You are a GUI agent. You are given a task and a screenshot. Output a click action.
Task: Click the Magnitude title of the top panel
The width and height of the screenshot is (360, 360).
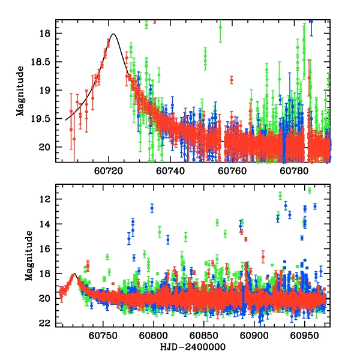click(x=20, y=91)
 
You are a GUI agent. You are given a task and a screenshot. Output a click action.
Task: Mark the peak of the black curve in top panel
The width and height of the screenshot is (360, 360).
click(x=113, y=34)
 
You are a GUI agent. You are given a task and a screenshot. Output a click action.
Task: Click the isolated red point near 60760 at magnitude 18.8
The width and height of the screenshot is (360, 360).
click(x=231, y=80)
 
